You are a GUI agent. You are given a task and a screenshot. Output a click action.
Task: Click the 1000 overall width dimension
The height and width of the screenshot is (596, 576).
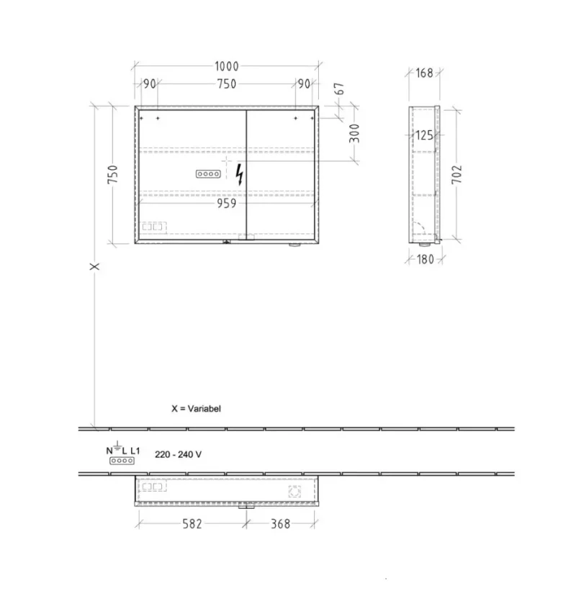[x=227, y=66]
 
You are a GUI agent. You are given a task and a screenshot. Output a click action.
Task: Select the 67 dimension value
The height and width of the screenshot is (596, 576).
[x=339, y=89]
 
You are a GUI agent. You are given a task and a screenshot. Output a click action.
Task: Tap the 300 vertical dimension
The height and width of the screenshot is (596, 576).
[x=354, y=133]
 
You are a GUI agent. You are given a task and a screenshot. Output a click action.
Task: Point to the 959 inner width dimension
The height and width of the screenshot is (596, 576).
[x=227, y=204]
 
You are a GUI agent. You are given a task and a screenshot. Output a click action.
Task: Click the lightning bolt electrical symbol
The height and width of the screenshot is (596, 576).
[x=239, y=174]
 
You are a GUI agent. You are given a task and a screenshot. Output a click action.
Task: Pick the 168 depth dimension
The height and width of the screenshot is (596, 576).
[x=424, y=73]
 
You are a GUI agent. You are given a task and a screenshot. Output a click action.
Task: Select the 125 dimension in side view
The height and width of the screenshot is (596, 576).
[x=424, y=135]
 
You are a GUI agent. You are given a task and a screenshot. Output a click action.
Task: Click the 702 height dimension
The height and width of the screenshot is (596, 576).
[x=456, y=174]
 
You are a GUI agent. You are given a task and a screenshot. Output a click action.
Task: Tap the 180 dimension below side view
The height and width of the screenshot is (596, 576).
[x=425, y=259]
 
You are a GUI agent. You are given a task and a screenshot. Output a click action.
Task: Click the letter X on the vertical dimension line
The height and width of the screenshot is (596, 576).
[x=94, y=266]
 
